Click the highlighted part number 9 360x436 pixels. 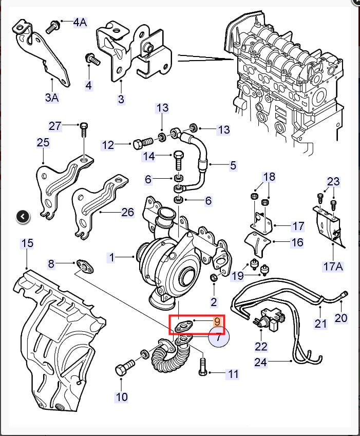coord(217,321)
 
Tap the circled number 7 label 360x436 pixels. coord(218,337)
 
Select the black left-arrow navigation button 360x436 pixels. coord(23,217)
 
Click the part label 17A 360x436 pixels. coord(332,267)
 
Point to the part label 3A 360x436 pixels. coord(52,97)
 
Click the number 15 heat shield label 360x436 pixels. coord(27,242)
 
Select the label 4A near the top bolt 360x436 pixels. coord(80,22)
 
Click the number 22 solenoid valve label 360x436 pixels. coord(261,347)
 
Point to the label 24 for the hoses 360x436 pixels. coord(261,363)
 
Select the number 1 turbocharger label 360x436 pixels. coord(112,258)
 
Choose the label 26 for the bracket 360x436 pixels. coord(127,212)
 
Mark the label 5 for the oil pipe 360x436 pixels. coord(233,165)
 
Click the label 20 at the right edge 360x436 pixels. coord(341,318)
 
